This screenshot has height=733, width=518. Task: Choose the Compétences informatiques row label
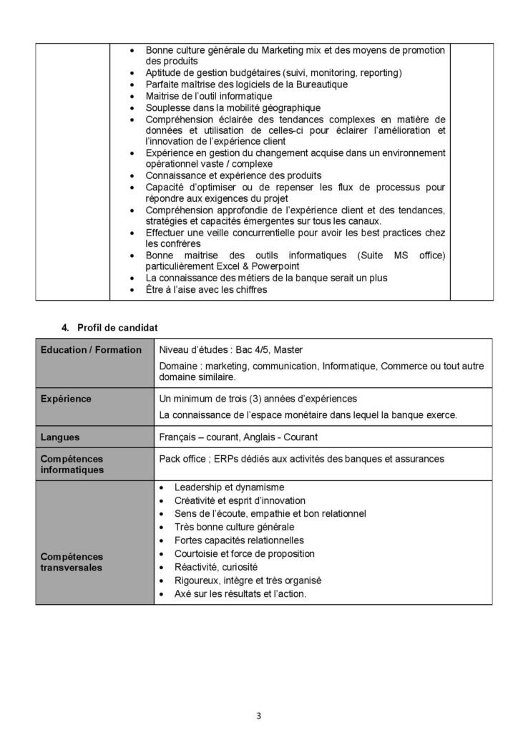72,464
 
